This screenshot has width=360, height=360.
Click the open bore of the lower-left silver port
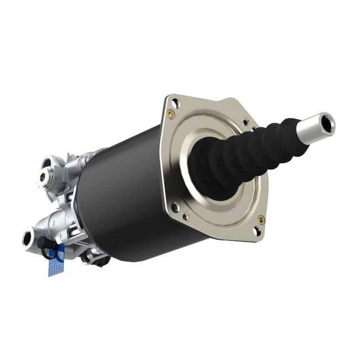(27, 239)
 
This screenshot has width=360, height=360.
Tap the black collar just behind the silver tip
(292, 132)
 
